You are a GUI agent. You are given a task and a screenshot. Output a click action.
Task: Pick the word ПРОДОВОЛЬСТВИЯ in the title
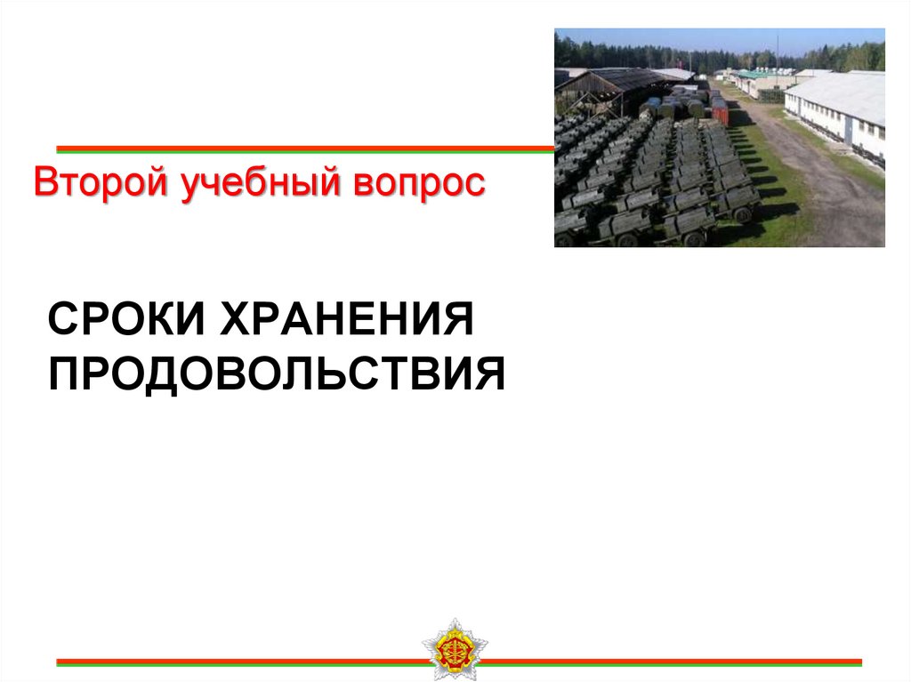click(277, 374)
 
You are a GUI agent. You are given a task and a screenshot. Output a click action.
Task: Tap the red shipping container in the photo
click(720, 110)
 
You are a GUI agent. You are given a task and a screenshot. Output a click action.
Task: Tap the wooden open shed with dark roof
click(614, 87)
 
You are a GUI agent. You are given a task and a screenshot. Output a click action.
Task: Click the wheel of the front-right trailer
click(744, 215)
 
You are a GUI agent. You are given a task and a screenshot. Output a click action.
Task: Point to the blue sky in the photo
click(712, 37)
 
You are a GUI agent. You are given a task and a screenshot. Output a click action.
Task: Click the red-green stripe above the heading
click(302, 148)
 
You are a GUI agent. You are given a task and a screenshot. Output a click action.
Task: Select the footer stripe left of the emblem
click(240, 662)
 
